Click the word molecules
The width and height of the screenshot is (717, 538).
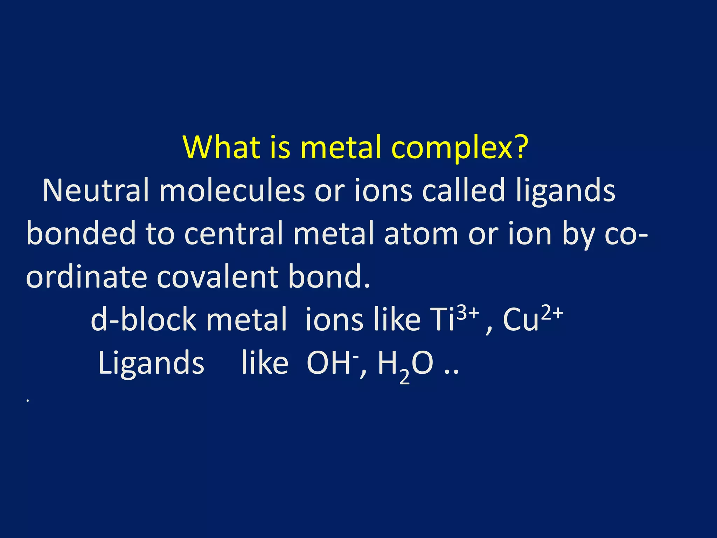pyautogui.click(x=232, y=191)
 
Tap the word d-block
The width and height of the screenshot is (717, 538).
pyautogui.click(x=144, y=319)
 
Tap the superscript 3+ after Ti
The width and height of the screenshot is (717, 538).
pyautogui.click(x=468, y=312)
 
